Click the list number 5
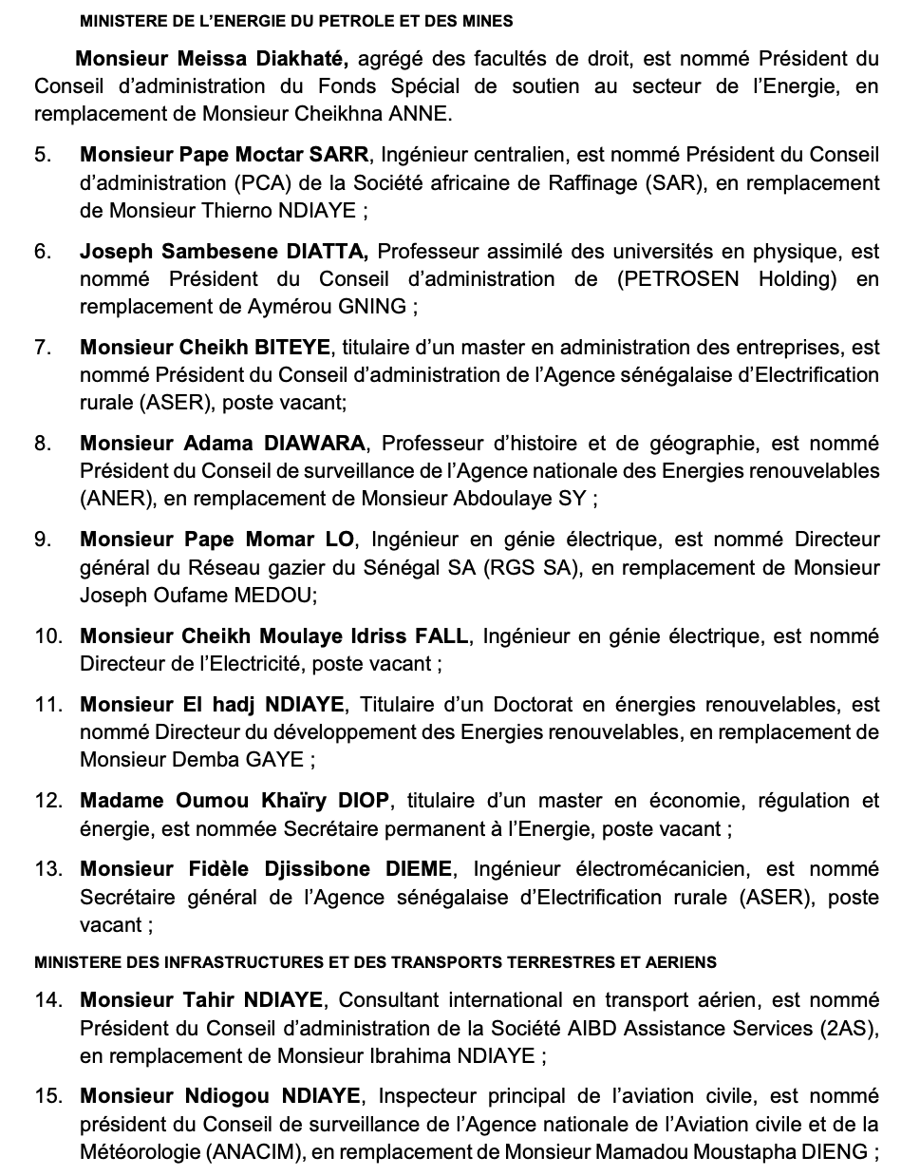coord(44,155)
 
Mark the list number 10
coord(48,635)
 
